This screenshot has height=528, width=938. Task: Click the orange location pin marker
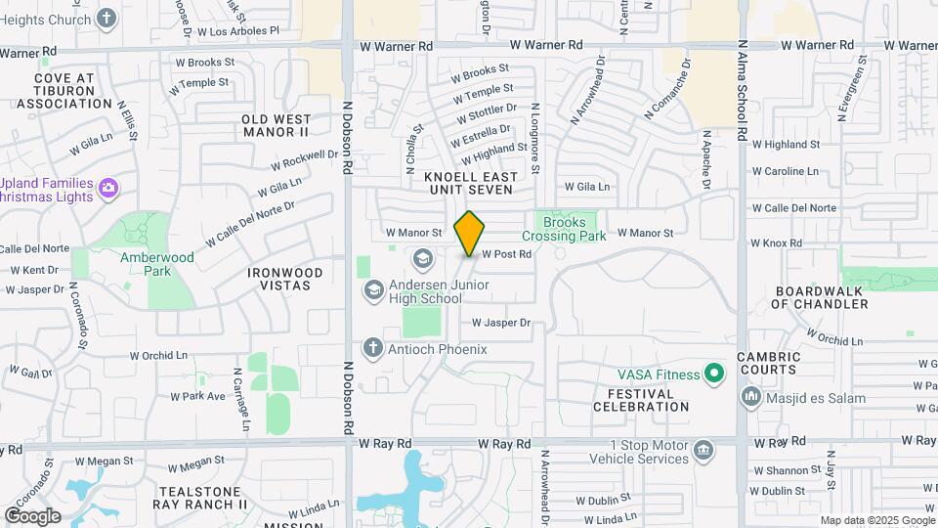470,233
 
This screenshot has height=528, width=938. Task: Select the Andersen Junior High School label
440,291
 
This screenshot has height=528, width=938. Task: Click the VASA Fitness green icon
714,374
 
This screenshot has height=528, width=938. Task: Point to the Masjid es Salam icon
751,396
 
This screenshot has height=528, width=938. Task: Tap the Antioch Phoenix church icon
372,347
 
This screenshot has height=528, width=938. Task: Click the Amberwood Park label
157,265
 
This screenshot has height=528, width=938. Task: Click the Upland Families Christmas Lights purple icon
108,187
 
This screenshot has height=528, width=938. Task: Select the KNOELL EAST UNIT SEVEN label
468,183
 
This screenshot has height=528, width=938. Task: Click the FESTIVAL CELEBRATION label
640,400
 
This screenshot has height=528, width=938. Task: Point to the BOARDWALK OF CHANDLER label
820,297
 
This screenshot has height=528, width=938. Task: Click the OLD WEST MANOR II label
276,125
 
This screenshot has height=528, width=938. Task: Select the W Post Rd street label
505,254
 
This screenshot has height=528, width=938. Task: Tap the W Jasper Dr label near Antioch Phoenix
501,323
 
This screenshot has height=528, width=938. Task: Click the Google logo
33,515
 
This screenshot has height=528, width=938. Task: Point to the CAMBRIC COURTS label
768,364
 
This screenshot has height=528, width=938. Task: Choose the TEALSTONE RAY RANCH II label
200,498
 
